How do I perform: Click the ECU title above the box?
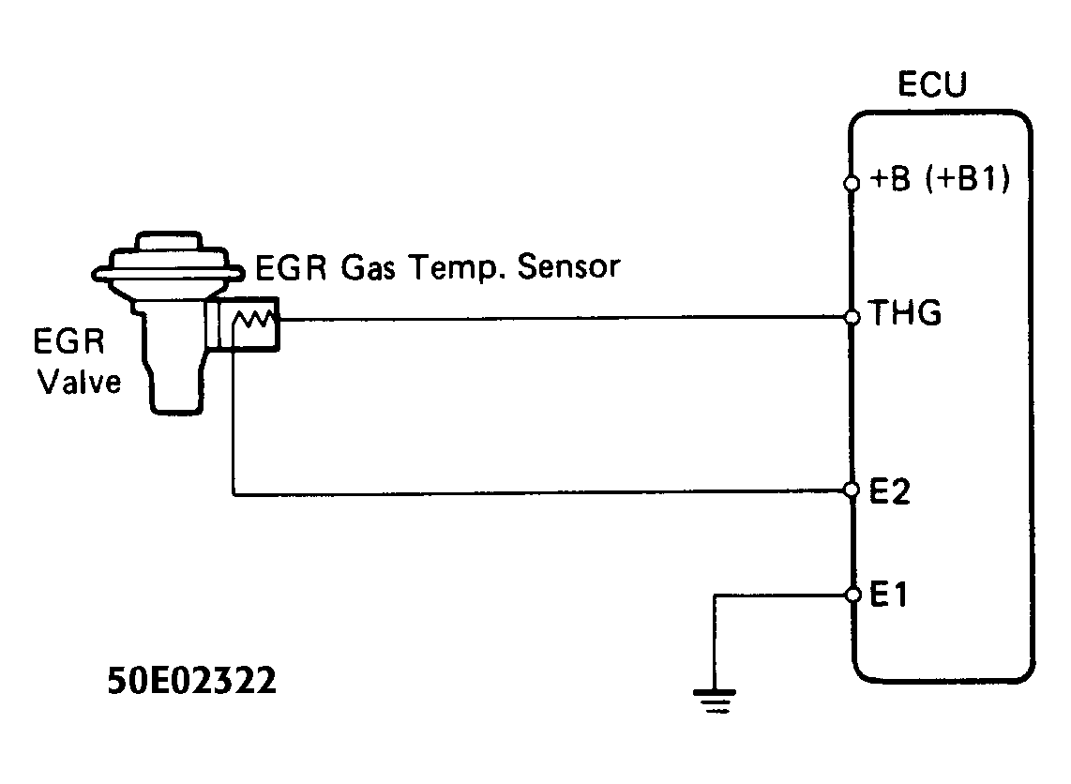(932, 86)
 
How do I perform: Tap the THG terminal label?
(905, 314)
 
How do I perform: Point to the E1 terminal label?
(889, 595)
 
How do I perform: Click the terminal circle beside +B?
(852, 184)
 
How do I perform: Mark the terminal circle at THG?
(852, 318)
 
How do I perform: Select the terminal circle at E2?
(852, 490)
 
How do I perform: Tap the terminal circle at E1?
(852, 595)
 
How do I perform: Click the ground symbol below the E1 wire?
(715, 700)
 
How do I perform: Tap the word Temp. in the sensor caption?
(460, 269)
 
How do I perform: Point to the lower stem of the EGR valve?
(177, 389)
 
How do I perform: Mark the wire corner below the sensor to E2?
(232, 492)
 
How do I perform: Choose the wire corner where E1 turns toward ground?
(715, 595)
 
